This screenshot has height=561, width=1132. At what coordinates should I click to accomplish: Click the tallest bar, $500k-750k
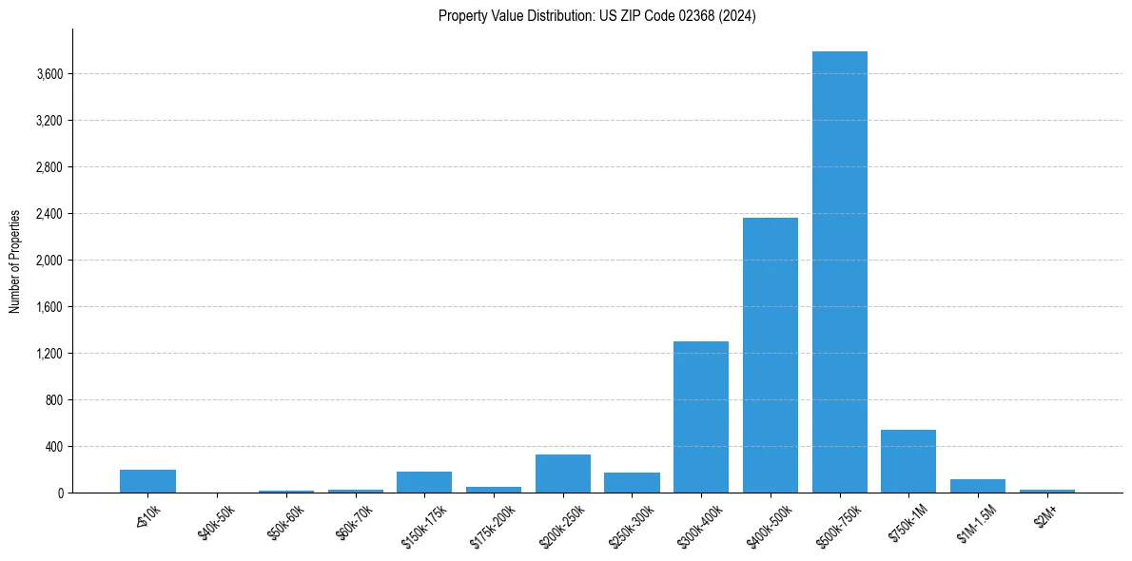tap(840, 272)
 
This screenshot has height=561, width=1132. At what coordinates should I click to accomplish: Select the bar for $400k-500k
tap(771, 356)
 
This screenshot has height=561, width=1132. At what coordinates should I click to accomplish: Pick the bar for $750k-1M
tap(908, 461)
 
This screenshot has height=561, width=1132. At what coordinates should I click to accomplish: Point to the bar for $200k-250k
tap(563, 474)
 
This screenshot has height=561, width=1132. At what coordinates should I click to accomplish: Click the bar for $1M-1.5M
tap(978, 486)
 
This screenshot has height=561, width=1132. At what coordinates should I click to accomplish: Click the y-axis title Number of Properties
tap(15, 261)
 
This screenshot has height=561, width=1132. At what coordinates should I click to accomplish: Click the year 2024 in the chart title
tap(737, 16)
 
